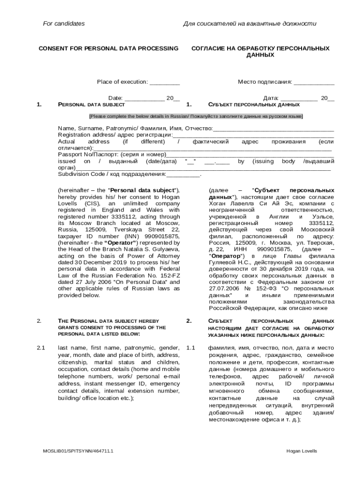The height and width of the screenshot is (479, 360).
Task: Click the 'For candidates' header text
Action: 64,23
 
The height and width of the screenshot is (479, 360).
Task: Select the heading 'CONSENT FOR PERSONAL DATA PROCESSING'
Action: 108,48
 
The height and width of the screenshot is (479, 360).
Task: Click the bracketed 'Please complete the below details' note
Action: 196,116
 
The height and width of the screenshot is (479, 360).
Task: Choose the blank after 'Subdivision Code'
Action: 183,175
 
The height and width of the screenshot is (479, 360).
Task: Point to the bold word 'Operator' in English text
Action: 120,243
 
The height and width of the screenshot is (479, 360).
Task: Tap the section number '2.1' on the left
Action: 41,348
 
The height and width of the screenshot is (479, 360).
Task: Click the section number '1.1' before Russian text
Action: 190,348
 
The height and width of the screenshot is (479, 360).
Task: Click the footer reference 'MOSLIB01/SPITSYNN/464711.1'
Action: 78,451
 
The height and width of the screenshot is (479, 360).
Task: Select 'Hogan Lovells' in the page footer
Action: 302,451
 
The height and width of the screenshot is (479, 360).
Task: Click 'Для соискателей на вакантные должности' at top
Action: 250,23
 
